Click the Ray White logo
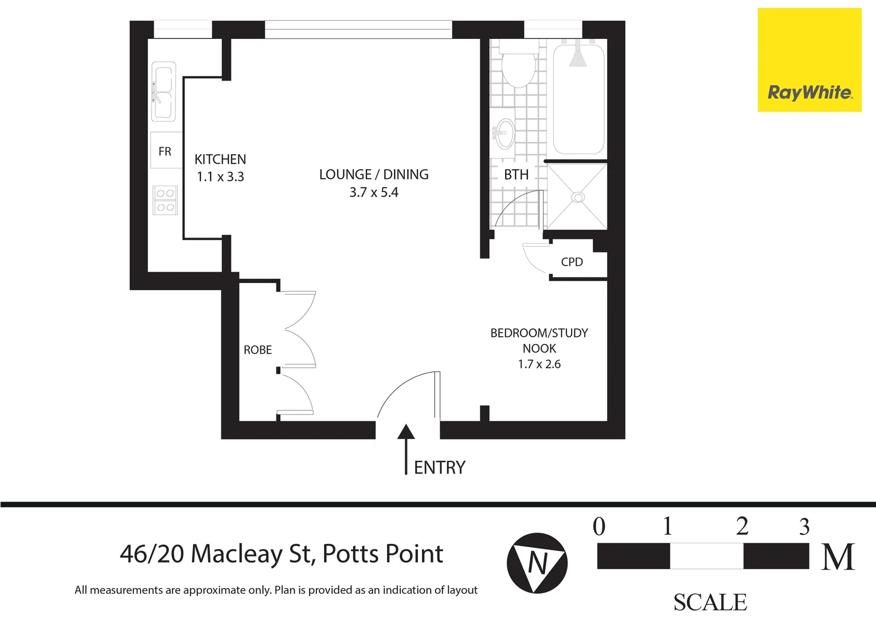tap(809, 92)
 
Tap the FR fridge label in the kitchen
tap(165, 151)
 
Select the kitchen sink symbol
tap(163, 92)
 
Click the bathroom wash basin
tap(504, 134)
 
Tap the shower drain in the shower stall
tap(578, 197)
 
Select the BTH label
tap(516, 175)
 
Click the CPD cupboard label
tap(572, 262)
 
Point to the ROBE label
tap(257, 350)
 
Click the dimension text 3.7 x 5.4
tap(374, 193)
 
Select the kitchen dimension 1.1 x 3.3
tap(220, 177)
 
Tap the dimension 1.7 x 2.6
tap(539, 364)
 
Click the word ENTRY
tap(440, 468)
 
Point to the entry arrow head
tap(406, 431)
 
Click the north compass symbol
tap(537, 563)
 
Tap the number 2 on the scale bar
tap(742, 526)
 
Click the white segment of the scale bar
tap(706, 556)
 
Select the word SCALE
tap(710, 602)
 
